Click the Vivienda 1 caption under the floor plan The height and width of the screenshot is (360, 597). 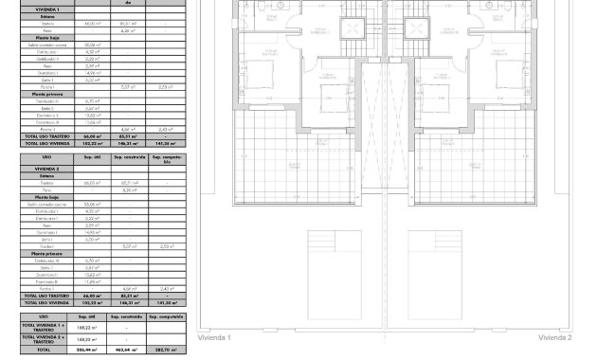(214, 337)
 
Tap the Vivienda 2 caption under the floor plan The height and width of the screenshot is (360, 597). (555, 337)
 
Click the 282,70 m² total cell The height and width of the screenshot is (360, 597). (163, 350)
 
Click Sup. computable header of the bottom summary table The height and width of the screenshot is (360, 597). (163, 315)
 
